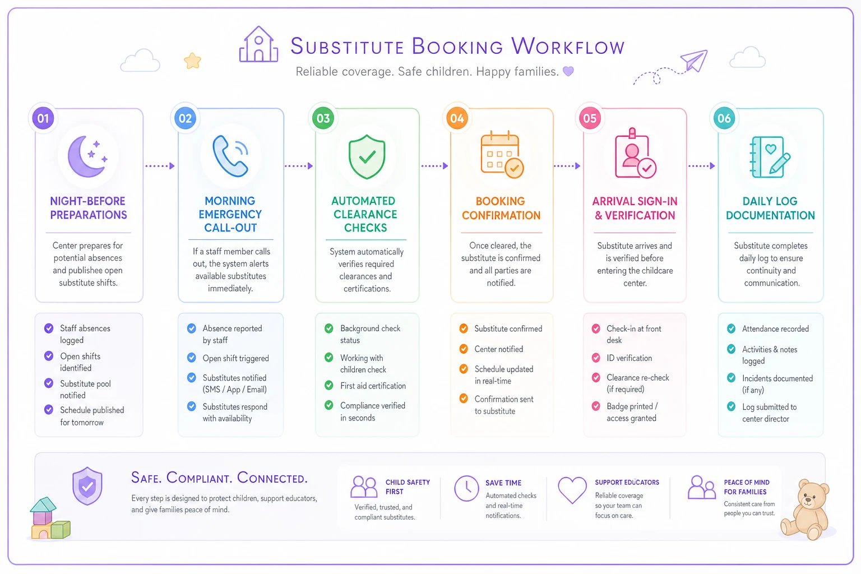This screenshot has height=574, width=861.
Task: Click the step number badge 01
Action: (x=43, y=118)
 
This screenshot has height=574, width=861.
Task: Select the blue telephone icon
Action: (x=230, y=156)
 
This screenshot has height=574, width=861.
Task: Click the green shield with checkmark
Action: (x=367, y=156)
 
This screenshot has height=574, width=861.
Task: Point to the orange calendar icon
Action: (x=502, y=155)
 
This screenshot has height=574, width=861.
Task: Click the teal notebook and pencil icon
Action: (x=770, y=157)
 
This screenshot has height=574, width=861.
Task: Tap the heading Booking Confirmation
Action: (x=501, y=208)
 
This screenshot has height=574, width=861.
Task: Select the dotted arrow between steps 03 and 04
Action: (x=435, y=166)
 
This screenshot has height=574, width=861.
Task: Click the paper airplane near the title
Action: (x=695, y=61)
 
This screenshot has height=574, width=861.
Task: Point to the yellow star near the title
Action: (x=193, y=61)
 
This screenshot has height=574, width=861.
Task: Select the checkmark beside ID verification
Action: (x=596, y=358)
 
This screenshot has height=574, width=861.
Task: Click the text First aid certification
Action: (x=373, y=386)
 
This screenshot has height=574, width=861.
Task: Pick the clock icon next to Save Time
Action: (x=466, y=488)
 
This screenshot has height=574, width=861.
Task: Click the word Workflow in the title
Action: (x=568, y=46)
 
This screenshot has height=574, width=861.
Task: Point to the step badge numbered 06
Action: (x=724, y=118)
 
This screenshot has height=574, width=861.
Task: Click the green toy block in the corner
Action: (x=61, y=529)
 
